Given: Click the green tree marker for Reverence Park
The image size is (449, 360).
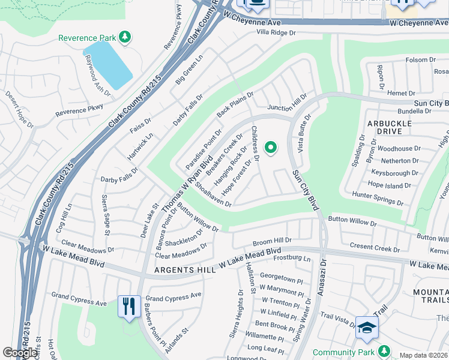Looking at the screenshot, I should pyautogui.click(x=125, y=38).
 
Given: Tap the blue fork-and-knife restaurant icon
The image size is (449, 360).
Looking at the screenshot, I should pyautogui.click(x=130, y=307).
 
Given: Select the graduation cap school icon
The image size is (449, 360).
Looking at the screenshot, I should pyautogui.click(x=367, y=327).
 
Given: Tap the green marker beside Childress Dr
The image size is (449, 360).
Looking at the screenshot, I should pyautogui.click(x=271, y=147).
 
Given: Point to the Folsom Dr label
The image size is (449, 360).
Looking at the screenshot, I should pyautogui.click(x=420, y=60).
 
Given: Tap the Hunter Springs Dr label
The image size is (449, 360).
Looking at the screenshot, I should pyautogui.click(x=378, y=196).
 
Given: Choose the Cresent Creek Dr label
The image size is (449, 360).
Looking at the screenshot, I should pyautogui.click(x=375, y=248).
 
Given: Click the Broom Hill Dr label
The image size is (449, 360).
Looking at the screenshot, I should pyautogui.click(x=271, y=241).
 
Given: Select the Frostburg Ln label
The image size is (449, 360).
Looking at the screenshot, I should pyautogui.click(x=291, y=259).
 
